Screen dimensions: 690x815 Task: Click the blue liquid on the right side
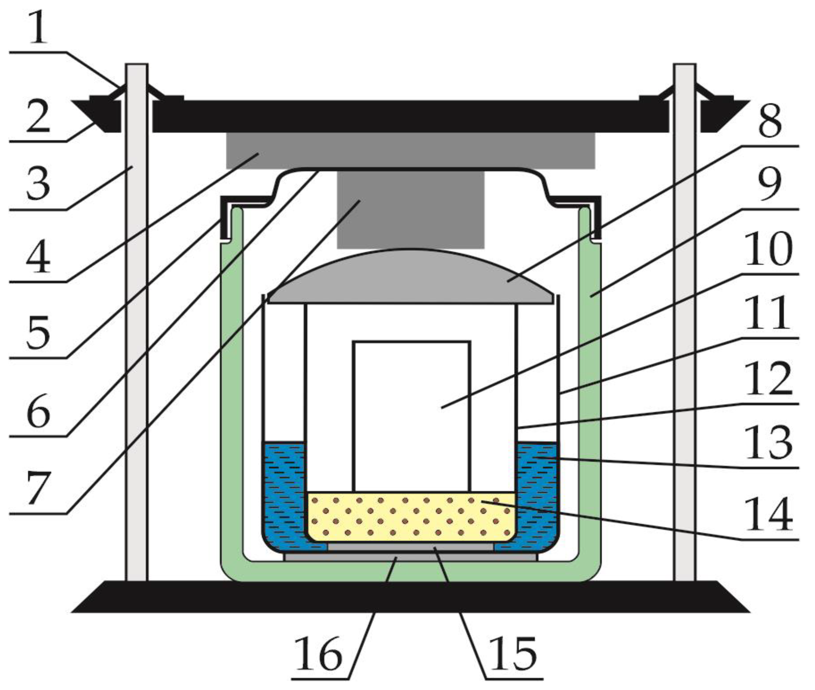[x=536, y=493]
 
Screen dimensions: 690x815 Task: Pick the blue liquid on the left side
[x=284, y=493]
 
